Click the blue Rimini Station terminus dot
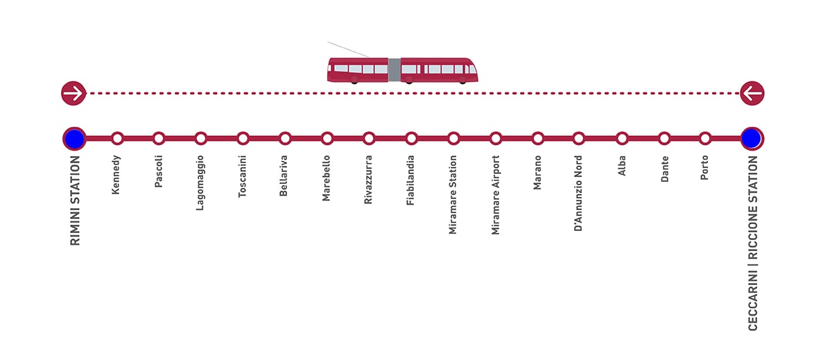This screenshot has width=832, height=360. coord(74,139)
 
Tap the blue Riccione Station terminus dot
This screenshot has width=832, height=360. coord(752,139)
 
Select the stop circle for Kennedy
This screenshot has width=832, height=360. coord(117,139)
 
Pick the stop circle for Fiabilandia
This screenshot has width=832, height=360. coord(411,139)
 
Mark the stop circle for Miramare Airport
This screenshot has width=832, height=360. coord(496,139)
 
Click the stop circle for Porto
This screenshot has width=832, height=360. coord(704,139)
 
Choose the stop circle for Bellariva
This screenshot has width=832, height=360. coord(285,139)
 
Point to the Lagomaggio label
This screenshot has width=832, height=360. coord(200,183)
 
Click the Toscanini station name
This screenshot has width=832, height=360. coord(242,176)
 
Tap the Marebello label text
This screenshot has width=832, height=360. coord(326,178)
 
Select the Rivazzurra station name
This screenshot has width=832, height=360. coord(368,180)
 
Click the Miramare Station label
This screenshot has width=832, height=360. coord(452,195)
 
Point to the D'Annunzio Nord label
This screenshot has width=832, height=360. coord(578,194)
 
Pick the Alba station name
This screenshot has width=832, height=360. coord(622,165)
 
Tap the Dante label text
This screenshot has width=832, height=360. coord(664,169)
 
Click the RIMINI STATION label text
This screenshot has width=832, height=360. coord(75,200)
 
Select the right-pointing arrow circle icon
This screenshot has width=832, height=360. coord(73,93)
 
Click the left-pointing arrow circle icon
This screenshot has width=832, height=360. coord(752,93)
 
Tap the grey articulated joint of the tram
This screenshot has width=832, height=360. coord(395,69)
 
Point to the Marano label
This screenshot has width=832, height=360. coord(537,173)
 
